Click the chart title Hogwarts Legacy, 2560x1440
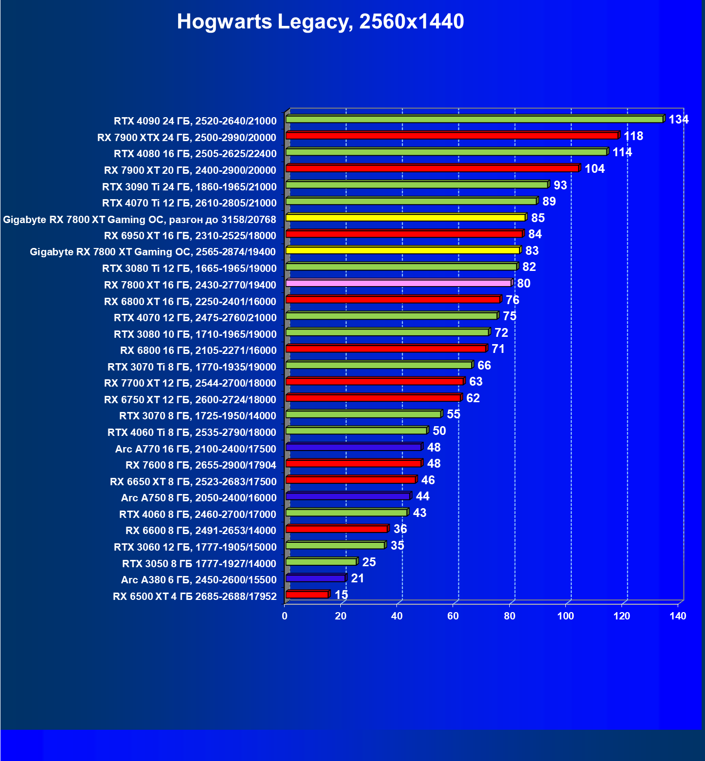320,21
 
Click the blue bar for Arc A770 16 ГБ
353,447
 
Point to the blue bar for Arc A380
315,578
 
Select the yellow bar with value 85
405,218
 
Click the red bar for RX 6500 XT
307,595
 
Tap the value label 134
678,120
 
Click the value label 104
594,169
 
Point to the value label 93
560,185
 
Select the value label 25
369,562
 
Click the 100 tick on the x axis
565,616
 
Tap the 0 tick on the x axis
285,616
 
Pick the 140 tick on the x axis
678,616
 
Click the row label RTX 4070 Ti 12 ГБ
189,203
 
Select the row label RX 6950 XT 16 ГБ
190,236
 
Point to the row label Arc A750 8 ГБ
198,498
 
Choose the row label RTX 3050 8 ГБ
199,564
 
